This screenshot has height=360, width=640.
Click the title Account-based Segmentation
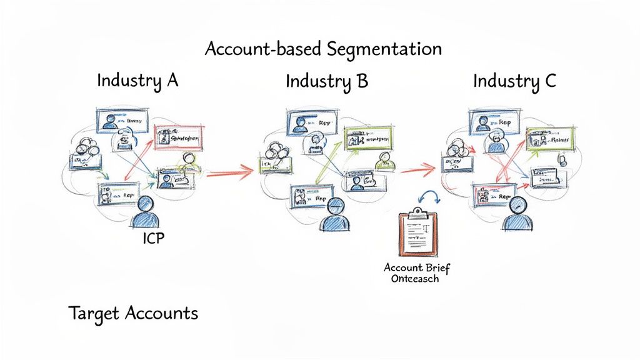(x=323, y=49)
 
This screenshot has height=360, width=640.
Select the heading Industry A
(x=137, y=81)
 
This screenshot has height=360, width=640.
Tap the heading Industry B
(x=327, y=81)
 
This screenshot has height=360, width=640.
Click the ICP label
(x=153, y=238)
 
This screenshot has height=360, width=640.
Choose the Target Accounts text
(x=133, y=312)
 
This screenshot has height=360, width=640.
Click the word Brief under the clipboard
(x=435, y=267)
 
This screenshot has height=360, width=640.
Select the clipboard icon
(x=418, y=234)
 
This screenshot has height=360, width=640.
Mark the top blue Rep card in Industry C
(x=492, y=121)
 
